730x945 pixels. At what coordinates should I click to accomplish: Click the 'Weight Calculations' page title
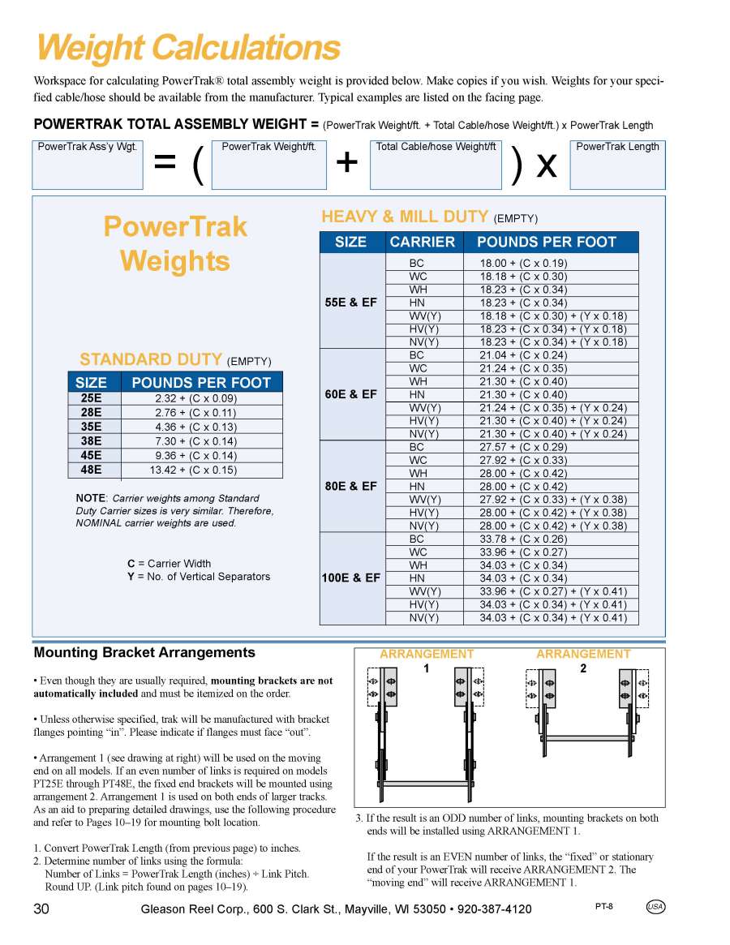point(188,48)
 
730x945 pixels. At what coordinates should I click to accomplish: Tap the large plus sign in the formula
point(347,163)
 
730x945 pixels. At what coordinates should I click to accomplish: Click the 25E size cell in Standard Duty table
point(91,398)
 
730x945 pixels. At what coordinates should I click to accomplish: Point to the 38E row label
point(91,441)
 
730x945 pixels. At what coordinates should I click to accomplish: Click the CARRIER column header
point(422,242)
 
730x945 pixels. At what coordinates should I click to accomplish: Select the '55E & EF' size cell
point(351,303)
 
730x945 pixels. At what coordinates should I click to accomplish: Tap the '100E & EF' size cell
point(351,578)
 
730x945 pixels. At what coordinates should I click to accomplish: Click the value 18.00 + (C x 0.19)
point(523,263)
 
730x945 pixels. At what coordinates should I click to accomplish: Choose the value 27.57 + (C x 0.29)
point(523,447)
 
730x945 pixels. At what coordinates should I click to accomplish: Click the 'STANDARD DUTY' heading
point(150,359)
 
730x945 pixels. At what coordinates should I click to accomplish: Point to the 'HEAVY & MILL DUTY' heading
point(406,217)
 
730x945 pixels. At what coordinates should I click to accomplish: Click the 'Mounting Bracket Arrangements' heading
point(144,652)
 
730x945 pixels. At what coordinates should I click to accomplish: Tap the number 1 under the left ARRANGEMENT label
point(427,668)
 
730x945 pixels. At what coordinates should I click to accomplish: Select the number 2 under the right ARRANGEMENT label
point(583,668)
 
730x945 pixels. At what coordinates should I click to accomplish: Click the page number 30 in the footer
point(41,908)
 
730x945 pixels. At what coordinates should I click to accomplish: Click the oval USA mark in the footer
point(655,907)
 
